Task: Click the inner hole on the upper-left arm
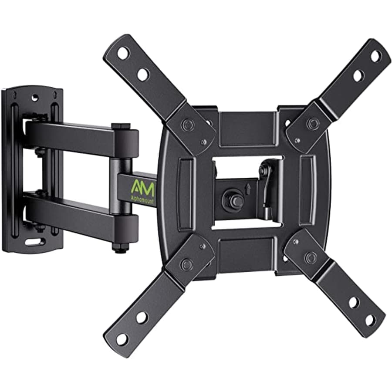[143, 74]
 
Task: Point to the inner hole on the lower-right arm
[353, 302]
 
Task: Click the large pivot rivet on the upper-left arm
[188, 125]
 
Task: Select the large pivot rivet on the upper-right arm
[312, 124]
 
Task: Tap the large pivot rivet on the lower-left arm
[187, 264]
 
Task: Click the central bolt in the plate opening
[230, 198]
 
